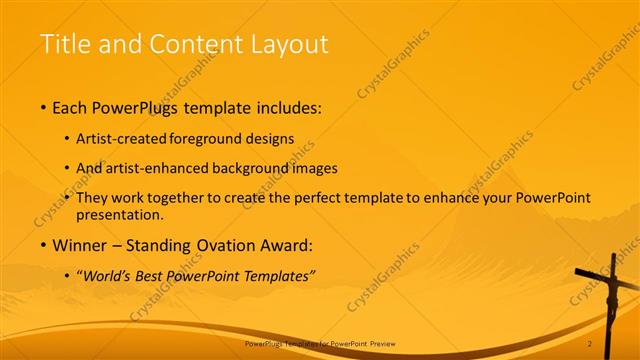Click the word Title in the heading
click(x=62, y=44)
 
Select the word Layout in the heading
click(x=291, y=44)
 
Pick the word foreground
click(x=207, y=139)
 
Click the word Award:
click(x=285, y=245)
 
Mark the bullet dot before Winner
click(x=43, y=246)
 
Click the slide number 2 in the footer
click(x=590, y=343)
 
